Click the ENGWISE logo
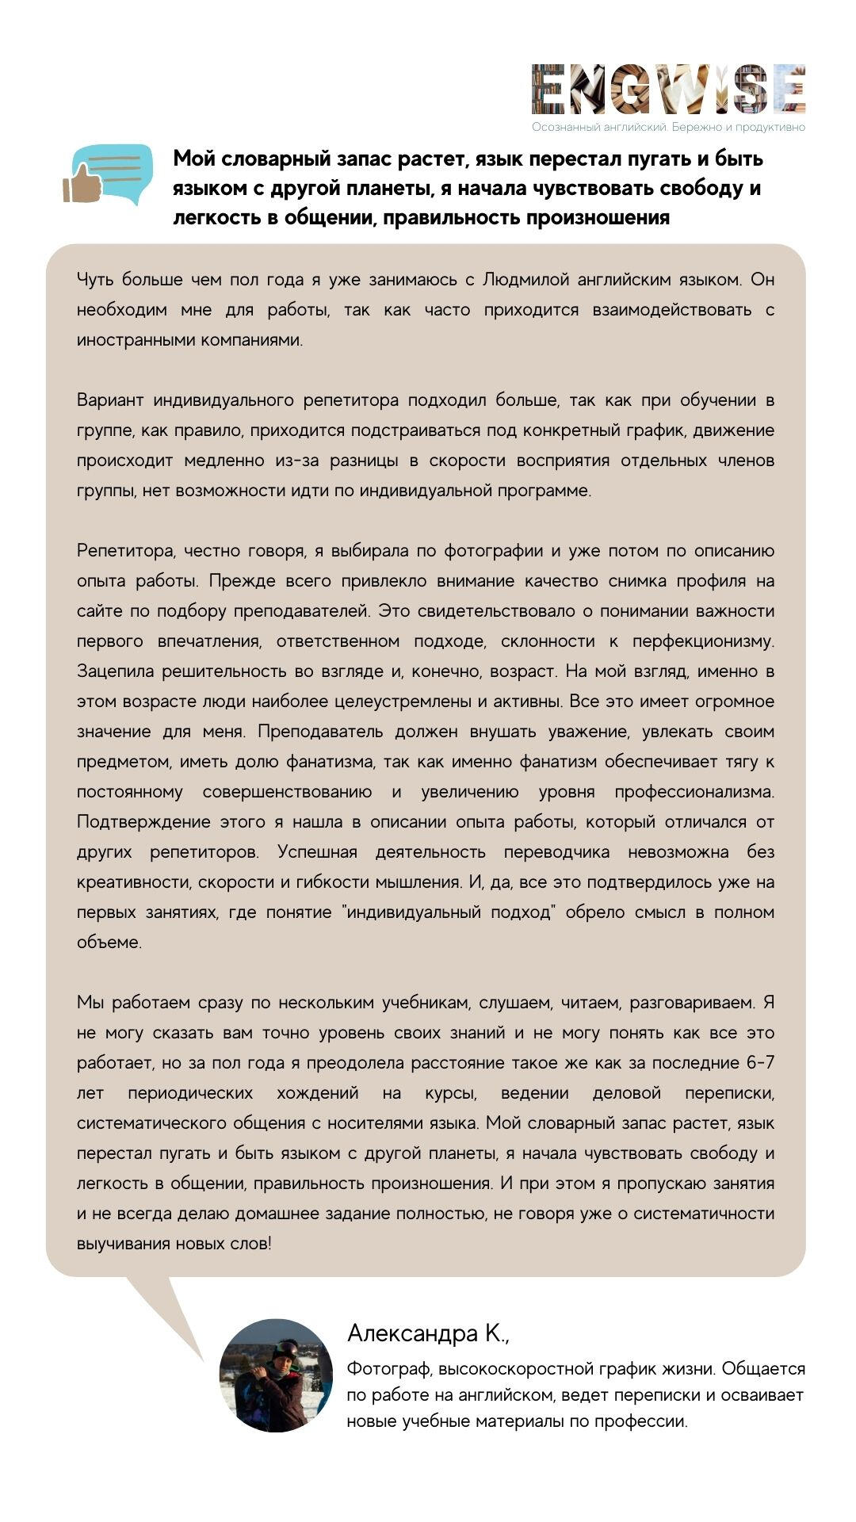coord(668,90)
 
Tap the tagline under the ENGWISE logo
coord(668,127)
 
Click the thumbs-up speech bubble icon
coord(108,174)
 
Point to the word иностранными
coord(127,340)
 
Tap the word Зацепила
coord(115,671)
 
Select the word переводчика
coord(556,851)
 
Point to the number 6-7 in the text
coord(760,1062)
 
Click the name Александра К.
coord(429,1334)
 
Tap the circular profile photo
coord(276,1375)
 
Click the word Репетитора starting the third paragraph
coord(125,550)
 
